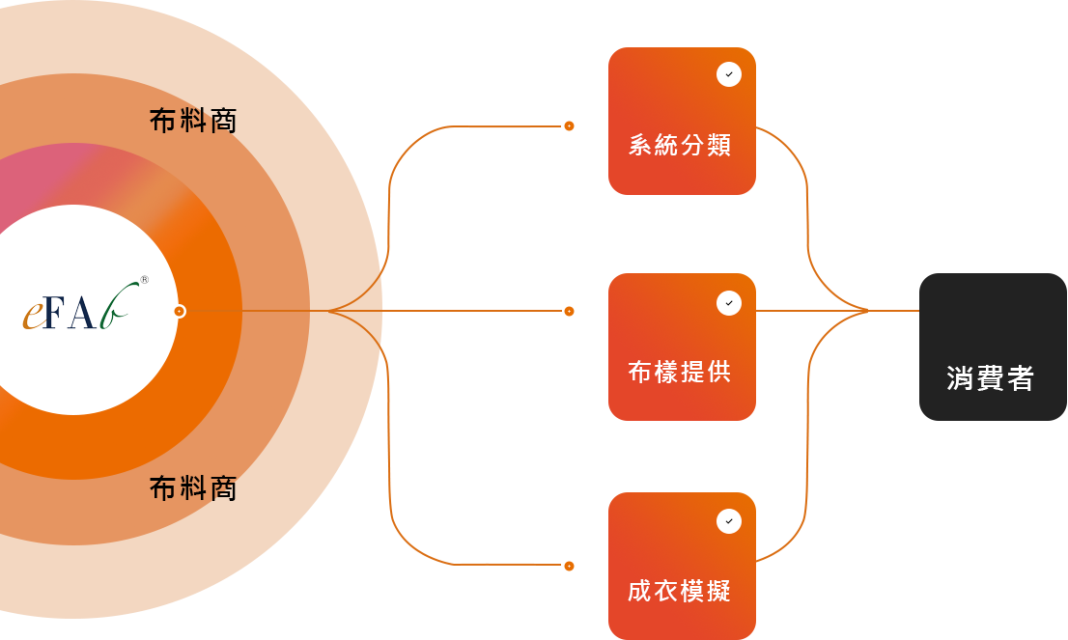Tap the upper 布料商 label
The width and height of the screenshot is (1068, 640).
pos(193,121)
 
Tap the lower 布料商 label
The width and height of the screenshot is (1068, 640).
pos(193,488)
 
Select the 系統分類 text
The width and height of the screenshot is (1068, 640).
pos(680,146)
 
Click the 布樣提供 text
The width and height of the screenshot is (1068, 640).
pos(680,372)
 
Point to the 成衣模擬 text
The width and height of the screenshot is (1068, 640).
pos(680,591)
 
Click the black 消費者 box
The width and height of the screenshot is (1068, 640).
pos(992,348)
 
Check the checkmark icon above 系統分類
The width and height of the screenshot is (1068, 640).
pos(729,74)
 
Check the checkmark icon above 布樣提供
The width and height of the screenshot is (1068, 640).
pos(729,303)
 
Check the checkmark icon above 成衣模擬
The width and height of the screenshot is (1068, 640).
pos(729,521)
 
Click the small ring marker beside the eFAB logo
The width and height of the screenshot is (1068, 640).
pos(180,311)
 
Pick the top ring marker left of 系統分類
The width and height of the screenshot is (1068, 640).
pos(569,125)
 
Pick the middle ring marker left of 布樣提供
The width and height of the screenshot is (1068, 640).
pos(569,311)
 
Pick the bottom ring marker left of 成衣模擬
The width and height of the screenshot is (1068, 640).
pos(569,566)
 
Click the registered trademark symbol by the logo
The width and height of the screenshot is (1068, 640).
pos(145,280)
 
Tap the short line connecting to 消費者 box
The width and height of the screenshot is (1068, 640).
pos(893,310)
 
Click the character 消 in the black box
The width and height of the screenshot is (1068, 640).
pos(961,378)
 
